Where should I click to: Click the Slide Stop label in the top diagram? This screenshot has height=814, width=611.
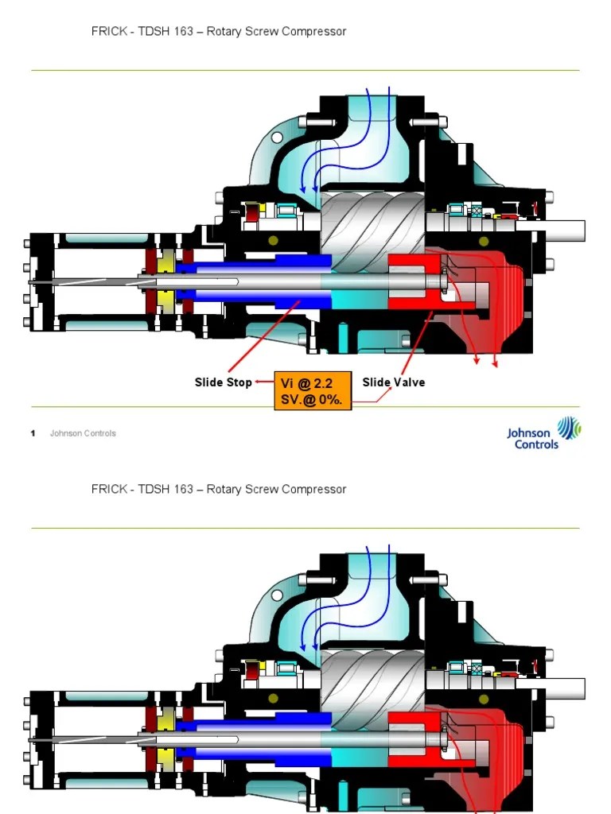pyautogui.click(x=223, y=382)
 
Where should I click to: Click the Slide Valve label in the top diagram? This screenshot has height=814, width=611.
pyautogui.click(x=393, y=382)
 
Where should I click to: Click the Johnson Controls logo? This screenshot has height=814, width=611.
pyautogui.click(x=544, y=434)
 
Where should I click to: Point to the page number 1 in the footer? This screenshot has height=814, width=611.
pyautogui.click(x=33, y=433)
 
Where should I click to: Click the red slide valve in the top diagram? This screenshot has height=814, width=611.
pyautogui.click(x=414, y=281)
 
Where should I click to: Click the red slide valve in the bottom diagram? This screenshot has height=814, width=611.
pyautogui.click(x=414, y=739)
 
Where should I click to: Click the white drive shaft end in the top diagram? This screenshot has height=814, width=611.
pyautogui.click(x=566, y=231)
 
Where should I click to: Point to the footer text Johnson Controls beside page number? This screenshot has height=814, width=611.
pyautogui.click(x=83, y=433)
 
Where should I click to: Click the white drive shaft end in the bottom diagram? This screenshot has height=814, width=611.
pyautogui.click(x=566, y=688)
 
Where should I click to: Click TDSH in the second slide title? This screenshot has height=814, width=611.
pyautogui.click(x=152, y=489)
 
